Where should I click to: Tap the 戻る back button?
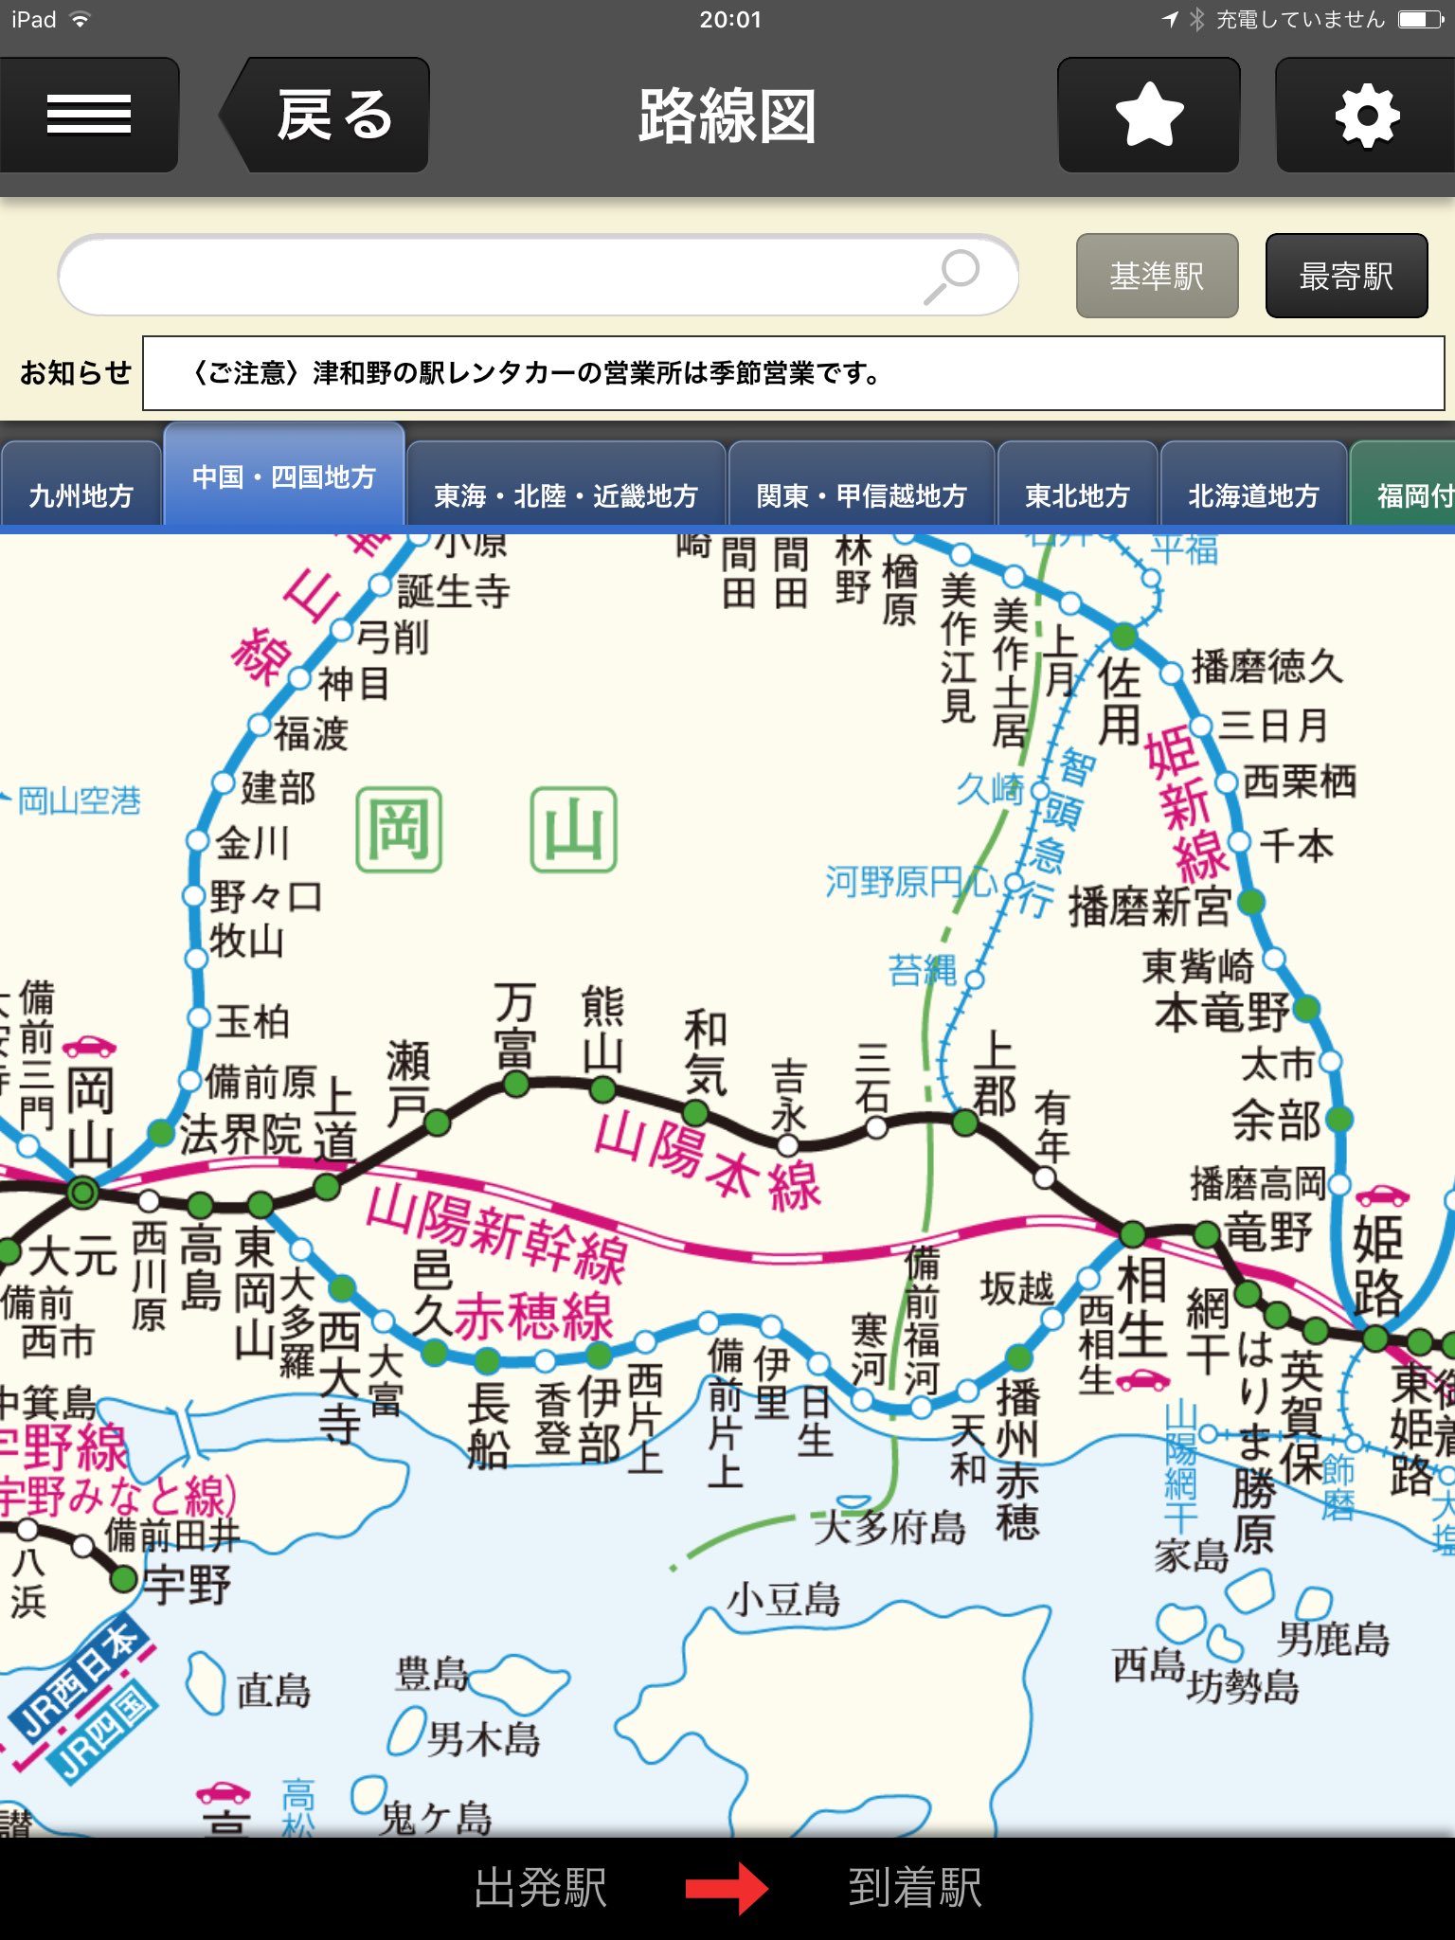327,116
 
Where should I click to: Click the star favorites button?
1149,116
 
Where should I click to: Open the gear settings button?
1366,116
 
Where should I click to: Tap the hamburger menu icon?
88,116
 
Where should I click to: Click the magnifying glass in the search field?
952,276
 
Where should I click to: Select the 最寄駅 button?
1346,276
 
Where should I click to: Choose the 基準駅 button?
1157,276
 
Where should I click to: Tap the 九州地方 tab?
81,494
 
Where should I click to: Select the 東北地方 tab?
1077,494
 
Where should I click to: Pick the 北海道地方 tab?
1253,494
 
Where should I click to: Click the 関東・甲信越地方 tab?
861,494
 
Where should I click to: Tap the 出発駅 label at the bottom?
541,1888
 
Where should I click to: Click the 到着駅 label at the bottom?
915,1888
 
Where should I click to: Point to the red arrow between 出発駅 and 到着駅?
727,1888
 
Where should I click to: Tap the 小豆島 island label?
783,1600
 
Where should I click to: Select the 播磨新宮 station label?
1149,907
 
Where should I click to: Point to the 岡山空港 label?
80,801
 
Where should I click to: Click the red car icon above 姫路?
1382,1195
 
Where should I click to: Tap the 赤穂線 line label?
534,1315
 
